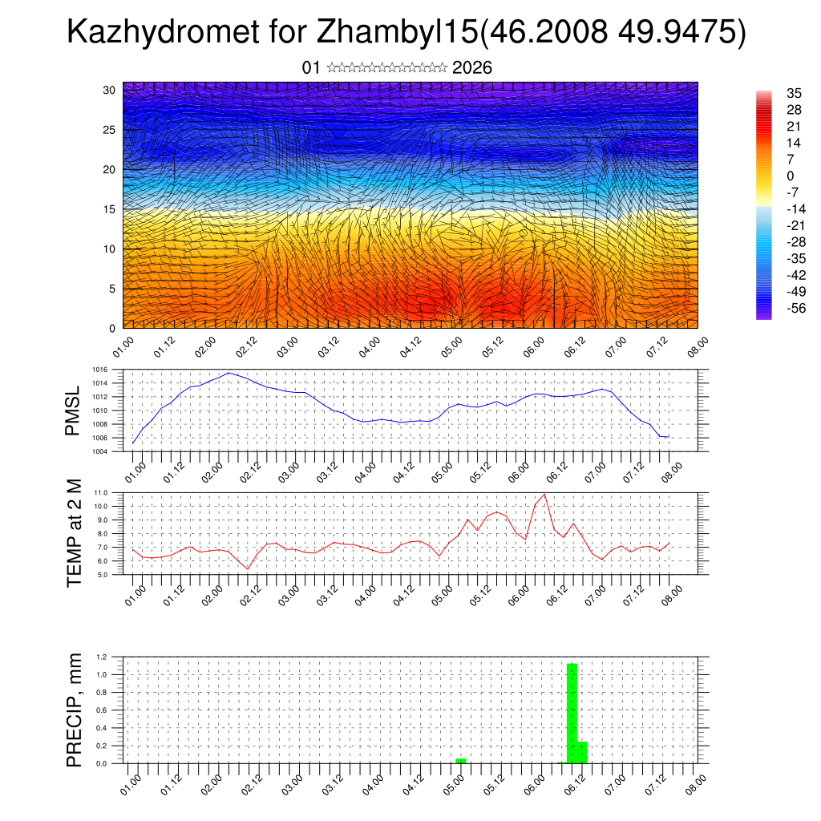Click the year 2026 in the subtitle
[x=472, y=68]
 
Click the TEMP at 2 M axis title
[x=74, y=533]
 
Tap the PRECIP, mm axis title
[x=74, y=710]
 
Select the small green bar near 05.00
[x=461, y=760]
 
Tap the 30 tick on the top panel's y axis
[x=109, y=90]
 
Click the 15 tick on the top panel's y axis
[x=109, y=209]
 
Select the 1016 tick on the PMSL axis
[x=99, y=370]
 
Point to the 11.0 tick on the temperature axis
[x=101, y=492]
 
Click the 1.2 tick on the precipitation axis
[x=102, y=657]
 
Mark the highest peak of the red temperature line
[x=545, y=494]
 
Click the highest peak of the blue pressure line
[x=229, y=373]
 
